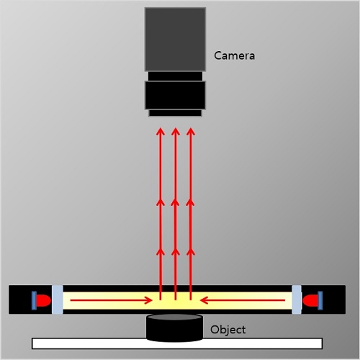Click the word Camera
coord(234,55)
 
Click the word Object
coord(228,330)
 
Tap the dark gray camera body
coord(175,40)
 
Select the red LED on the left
coord(43,300)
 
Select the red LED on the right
coord(310,300)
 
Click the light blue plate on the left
coord(58,300)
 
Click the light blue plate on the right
coord(297,300)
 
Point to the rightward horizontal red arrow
coord(111,300)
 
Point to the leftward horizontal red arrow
coord(243,300)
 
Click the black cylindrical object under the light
coord(175,328)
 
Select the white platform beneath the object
coord(177,343)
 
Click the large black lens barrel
coord(175,95)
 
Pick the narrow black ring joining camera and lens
coord(175,76)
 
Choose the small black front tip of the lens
coord(175,113)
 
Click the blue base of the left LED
coord(34,300)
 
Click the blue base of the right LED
coord(320,300)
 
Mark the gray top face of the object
coord(175,317)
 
